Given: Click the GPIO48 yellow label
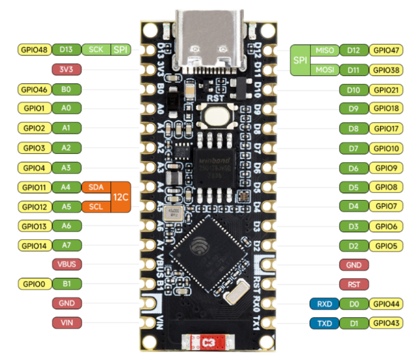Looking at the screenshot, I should (x=34, y=50).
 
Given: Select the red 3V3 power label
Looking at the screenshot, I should (x=67, y=70).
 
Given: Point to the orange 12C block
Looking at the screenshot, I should (x=121, y=197).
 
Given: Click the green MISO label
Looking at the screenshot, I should (x=325, y=50).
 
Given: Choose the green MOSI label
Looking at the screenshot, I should (x=325, y=70).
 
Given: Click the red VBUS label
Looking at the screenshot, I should (x=67, y=264).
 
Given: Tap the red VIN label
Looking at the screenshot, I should (x=67, y=323).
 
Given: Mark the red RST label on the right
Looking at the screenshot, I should (x=354, y=285).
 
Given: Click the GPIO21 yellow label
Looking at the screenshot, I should (x=386, y=90).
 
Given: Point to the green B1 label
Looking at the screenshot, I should (x=67, y=284).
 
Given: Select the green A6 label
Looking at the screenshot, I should (x=67, y=225).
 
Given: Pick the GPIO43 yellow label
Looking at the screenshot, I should (x=386, y=324).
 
